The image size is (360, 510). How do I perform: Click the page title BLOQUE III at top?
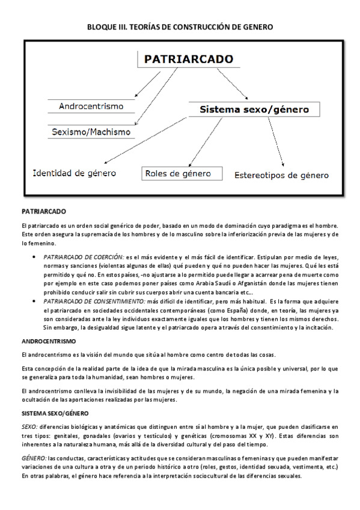coord(180,26)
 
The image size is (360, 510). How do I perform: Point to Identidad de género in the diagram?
coord(74,173)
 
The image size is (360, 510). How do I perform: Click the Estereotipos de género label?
coord(281,176)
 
